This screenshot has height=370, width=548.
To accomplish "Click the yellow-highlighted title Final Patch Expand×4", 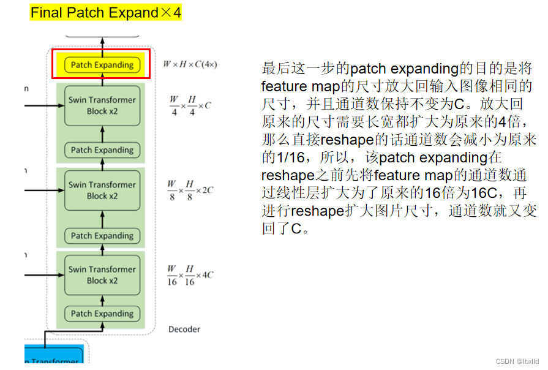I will point(106,12).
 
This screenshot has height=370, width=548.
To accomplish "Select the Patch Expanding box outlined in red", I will point(102,64).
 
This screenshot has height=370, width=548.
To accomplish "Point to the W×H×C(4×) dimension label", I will point(190,64).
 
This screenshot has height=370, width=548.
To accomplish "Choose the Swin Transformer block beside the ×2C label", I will point(102,190).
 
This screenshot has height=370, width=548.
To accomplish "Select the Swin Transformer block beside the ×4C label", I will point(102,274).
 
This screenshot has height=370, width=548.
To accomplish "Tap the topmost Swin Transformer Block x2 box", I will point(102,105).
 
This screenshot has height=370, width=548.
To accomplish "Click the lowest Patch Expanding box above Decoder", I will point(102,314).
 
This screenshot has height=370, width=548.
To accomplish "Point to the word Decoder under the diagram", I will point(184,330).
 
